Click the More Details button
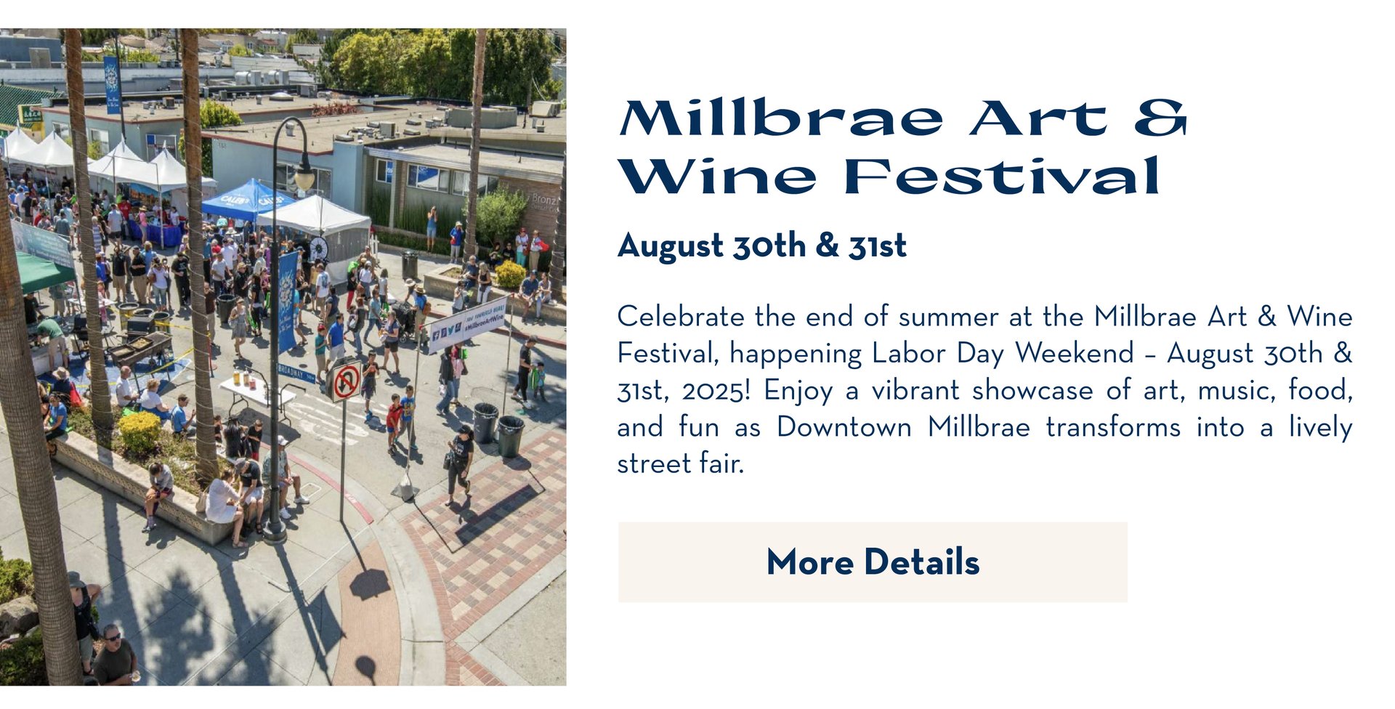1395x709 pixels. pos(873,562)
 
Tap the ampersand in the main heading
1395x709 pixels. pos(1161,118)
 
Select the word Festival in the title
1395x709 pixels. pos(1002,177)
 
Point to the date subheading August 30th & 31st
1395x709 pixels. pos(761,246)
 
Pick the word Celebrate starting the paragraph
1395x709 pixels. pos(681,317)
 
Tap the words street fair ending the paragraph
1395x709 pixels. pos(681,463)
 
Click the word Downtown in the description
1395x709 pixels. pos(844,427)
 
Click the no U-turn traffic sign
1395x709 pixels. pos(347,380)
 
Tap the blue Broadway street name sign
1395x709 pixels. pos(297,373)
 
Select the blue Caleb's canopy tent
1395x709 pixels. pos(246,199)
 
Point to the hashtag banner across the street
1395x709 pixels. pos(466,325)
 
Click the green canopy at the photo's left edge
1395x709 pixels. pos(42,271)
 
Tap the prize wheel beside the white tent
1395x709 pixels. pos(318,249)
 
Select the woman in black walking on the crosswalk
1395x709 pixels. pos(460,465)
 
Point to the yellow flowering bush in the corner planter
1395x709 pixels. pos(139,431)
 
